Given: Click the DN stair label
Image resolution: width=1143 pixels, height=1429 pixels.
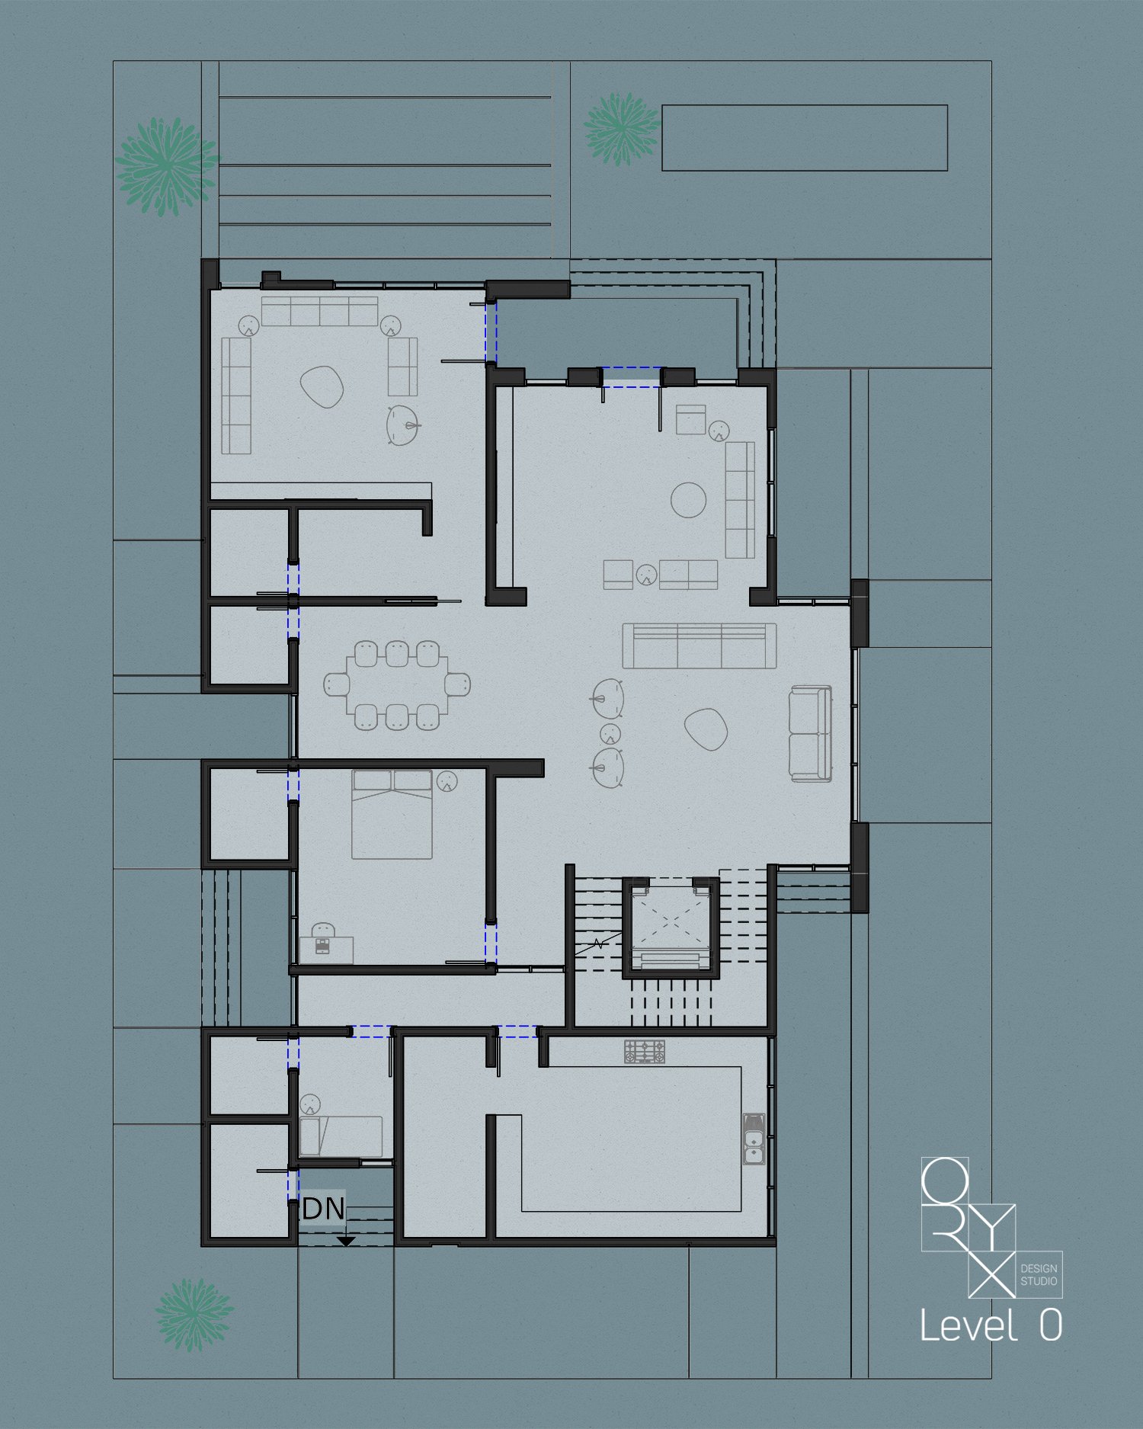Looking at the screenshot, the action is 324,1209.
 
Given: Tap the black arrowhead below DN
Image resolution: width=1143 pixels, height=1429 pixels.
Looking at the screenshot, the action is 347,1242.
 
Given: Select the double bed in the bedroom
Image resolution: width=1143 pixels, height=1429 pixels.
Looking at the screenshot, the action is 392,815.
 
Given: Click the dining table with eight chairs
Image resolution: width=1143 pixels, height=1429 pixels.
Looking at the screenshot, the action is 396,684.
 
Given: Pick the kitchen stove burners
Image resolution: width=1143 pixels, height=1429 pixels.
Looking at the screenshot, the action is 645,1052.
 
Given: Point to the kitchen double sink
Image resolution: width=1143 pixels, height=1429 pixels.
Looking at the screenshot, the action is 754,1139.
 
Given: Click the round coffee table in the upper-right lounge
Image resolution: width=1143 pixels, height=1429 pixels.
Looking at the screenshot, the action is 689,500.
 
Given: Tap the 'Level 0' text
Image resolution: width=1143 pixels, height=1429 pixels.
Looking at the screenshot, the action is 991,1325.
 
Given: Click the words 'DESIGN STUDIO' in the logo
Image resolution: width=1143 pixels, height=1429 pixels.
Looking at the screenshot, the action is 1039,1275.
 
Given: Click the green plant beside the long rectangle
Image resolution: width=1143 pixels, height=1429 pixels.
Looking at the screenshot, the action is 622,129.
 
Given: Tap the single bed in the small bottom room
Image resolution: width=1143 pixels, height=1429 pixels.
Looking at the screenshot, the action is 341,1136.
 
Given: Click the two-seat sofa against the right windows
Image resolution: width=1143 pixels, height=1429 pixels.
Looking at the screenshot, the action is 811,733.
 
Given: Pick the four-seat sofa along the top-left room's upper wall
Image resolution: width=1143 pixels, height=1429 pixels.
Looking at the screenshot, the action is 320,311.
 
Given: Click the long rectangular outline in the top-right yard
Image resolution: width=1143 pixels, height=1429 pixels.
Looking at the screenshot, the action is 805,138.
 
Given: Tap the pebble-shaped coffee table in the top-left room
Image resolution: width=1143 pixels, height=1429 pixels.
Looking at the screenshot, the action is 322,386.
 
